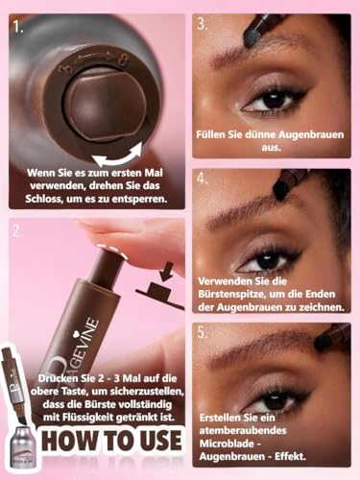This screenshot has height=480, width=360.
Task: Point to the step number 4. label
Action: tap(203, 179)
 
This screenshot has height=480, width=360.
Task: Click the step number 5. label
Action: tap(203, 333)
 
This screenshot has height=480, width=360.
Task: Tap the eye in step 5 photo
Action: tap(272, 403)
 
